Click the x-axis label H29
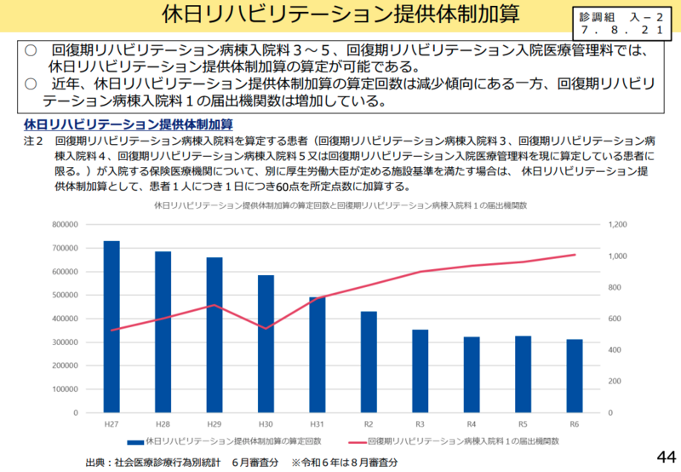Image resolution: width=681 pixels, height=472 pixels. (215, 423)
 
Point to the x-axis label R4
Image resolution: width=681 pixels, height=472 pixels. (472, 423)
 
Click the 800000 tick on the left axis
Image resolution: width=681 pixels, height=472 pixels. (65, 225)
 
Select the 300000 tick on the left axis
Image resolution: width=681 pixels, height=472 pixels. (65, 342)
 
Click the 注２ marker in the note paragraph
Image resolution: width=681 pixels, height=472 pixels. (33, 140)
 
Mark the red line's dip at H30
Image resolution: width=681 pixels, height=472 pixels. (266, 328)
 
